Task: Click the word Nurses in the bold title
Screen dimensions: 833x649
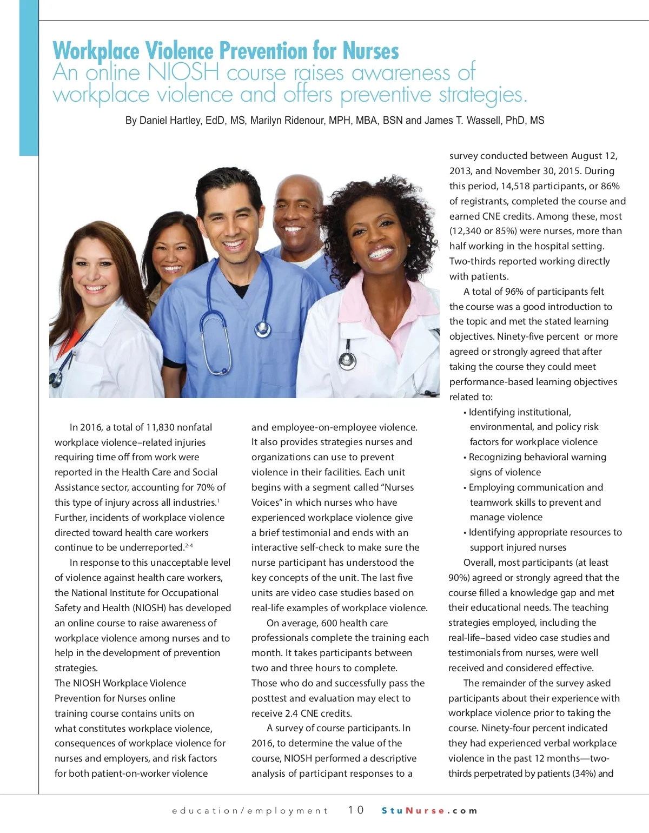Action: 370,51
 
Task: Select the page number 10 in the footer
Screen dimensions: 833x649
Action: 355,810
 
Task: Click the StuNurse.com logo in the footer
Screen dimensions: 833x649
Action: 429,810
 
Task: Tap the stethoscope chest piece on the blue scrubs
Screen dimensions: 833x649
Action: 264,328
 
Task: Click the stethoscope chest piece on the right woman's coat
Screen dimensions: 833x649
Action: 346,359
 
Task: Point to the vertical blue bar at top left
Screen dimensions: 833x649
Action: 29,78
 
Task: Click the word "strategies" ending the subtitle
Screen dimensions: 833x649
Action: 482,95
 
